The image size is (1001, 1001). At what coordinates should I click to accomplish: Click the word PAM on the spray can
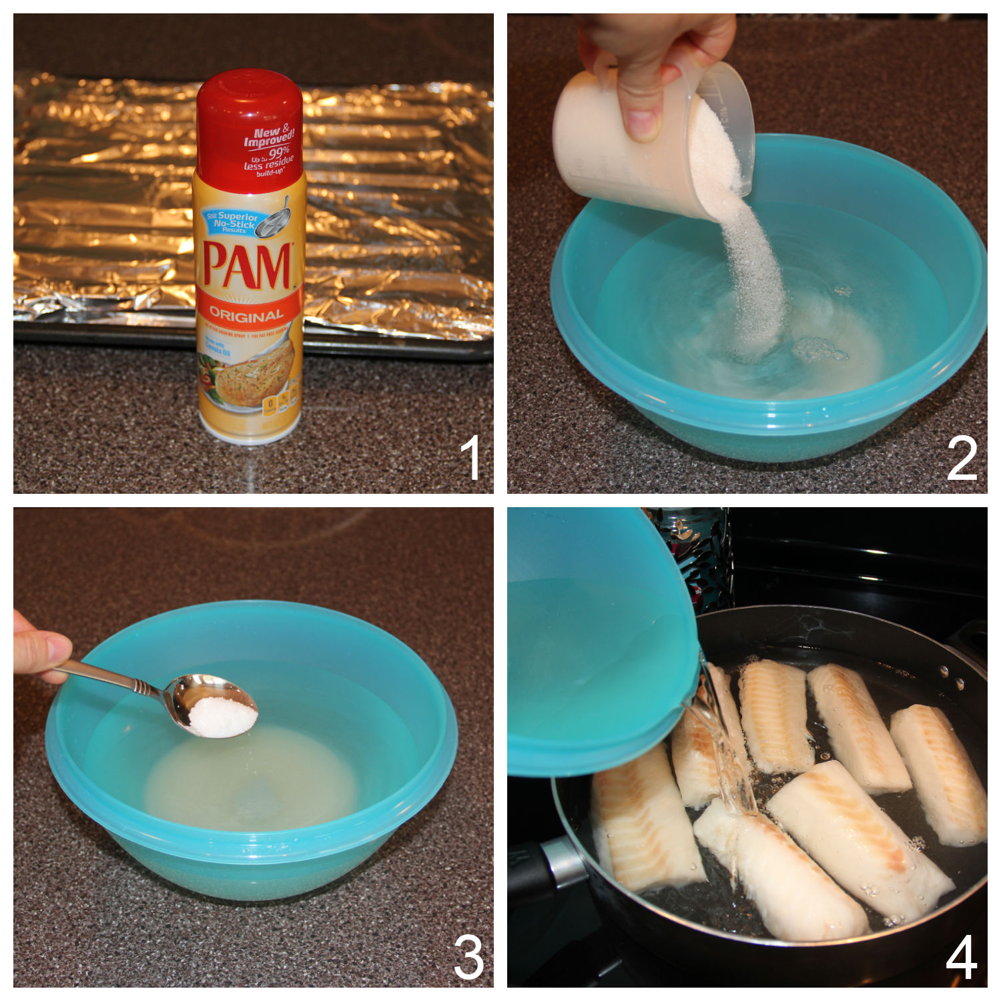point(248,266)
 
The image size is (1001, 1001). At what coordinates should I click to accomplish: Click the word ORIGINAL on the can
point(247,314)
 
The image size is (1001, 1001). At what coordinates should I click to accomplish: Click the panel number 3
point(468,957)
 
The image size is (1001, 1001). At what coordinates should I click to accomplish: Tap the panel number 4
point(962,957)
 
